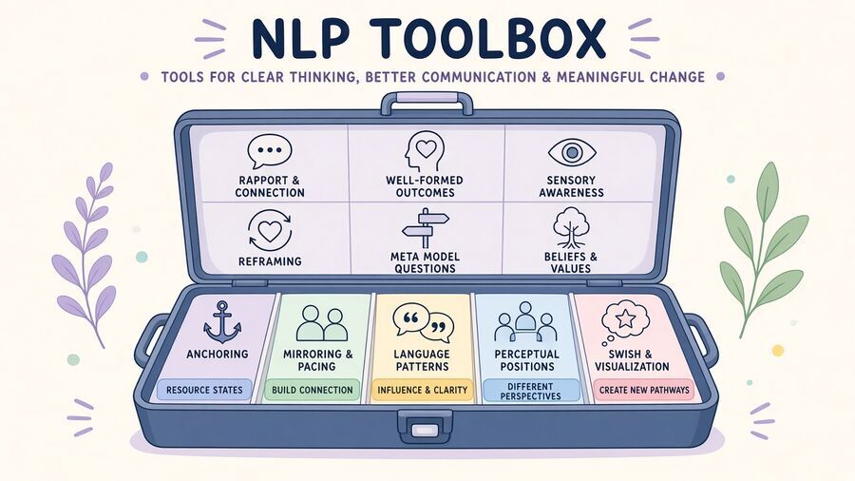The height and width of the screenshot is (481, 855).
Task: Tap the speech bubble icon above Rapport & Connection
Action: click(270, 151)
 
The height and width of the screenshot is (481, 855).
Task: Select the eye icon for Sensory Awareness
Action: click(572, 152)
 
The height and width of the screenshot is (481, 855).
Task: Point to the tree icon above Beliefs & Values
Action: click(571, 227)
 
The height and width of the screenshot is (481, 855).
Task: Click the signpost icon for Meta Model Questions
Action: click(425, 229)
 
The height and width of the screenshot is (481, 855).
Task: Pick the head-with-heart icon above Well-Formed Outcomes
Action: click(425, 151)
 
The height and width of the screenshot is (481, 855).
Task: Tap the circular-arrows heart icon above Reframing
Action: click(270, 231)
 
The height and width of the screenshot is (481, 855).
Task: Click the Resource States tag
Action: click(204, 390)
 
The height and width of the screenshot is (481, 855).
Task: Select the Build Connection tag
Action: click(313, 390)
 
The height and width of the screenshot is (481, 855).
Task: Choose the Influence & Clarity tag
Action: click(422, 390)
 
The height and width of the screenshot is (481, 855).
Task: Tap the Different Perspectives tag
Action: click(530, 391)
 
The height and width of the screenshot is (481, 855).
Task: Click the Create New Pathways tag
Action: click(644, 390)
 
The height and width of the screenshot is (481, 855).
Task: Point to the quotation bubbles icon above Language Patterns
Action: click(423, 321)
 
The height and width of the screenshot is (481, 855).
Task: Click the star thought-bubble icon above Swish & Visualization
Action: click(625, 322)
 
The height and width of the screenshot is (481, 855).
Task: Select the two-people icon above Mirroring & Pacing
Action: click(322, 323)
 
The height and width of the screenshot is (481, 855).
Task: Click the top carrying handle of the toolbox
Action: click(427, 103)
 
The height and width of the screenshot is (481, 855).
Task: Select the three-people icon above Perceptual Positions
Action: click(525, 322)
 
